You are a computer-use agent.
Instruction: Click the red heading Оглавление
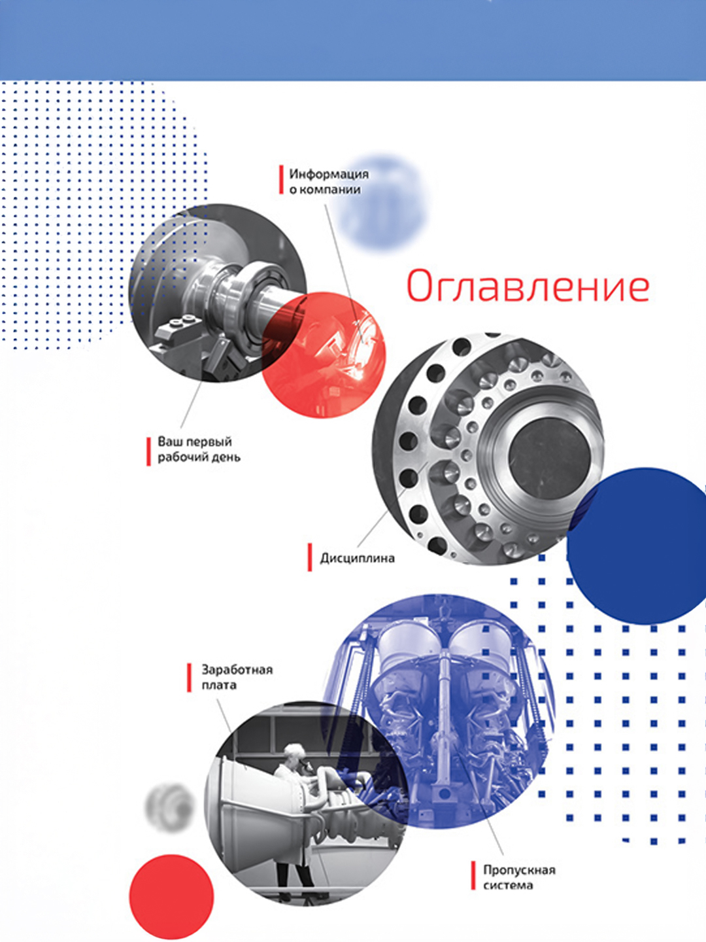[528, 285]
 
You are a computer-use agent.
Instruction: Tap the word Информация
[329, 174]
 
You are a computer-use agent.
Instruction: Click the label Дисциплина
[358, 559]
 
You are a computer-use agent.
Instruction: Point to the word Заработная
[237, 669]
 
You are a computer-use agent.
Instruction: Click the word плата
[219, 685]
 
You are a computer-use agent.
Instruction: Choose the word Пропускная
[519, 870]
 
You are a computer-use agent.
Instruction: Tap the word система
[508, 885]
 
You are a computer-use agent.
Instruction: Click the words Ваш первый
[195, 442]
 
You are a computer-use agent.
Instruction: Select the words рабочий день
[199, 457]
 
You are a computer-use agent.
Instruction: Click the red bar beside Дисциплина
[309, 557]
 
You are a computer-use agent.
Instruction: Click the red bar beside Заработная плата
[190, 677]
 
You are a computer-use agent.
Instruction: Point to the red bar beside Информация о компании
[281, 180]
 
